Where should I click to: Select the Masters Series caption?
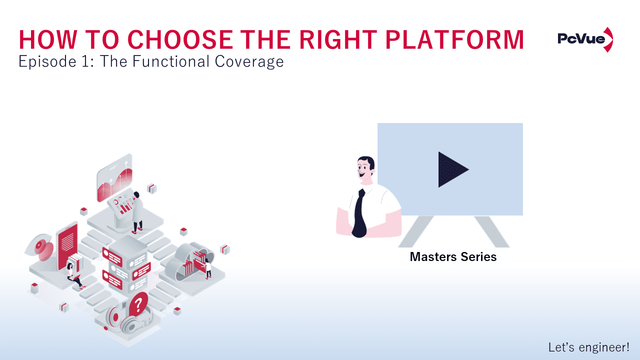[x=453, y=257]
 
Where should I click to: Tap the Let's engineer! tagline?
[x=588, y=347]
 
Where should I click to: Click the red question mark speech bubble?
[x=138, y=303]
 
